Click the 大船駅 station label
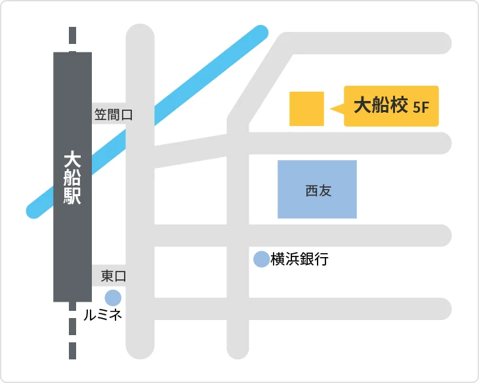tap(72, 178)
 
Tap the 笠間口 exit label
tap(113, 115)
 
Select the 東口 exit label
tap(113, 276)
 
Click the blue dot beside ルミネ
tap(113, 298)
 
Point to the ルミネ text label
tap(103, 315)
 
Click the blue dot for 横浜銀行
tap(261, 259)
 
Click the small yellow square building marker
tap(306, 108)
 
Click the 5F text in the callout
tap(421, 107)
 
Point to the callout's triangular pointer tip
tap(332, 109)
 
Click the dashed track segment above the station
tap(72, 38)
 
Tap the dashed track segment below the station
tap(72, 334)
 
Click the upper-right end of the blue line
tap(260, 33)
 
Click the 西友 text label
tap(318, 190)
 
